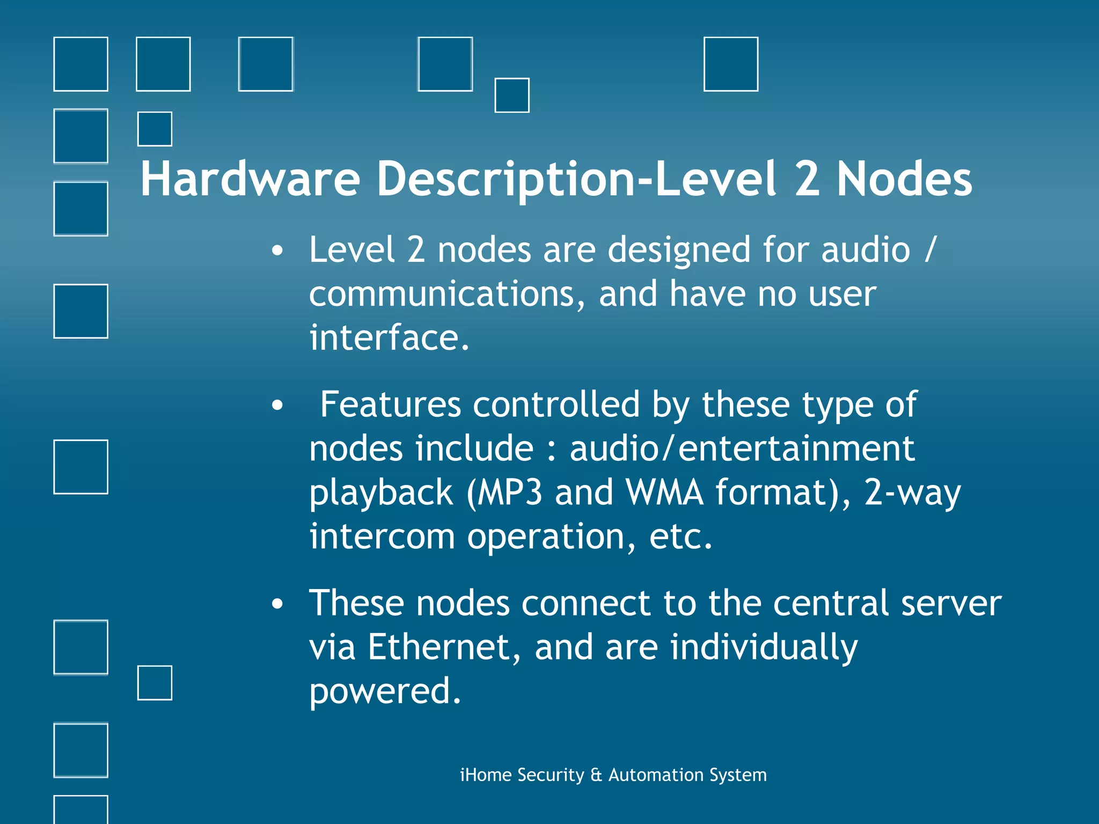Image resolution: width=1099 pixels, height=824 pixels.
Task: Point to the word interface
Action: (389, 338)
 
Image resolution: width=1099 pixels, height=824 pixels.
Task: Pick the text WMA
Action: (664, 492)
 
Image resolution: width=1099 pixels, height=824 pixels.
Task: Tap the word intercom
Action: (382, 536)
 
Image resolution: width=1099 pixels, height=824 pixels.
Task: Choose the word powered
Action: (385, 691)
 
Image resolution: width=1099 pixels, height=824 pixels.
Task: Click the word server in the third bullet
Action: (951, 603)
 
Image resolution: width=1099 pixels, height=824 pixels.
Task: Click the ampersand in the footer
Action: (596, 775)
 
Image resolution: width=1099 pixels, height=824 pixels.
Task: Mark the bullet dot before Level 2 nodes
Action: (277, 251)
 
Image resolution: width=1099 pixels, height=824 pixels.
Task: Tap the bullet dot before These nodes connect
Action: (277, 604)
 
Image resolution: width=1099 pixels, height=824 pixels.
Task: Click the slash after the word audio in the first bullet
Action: (931, 250)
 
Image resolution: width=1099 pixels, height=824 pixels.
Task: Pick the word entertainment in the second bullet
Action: (796, 448)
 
